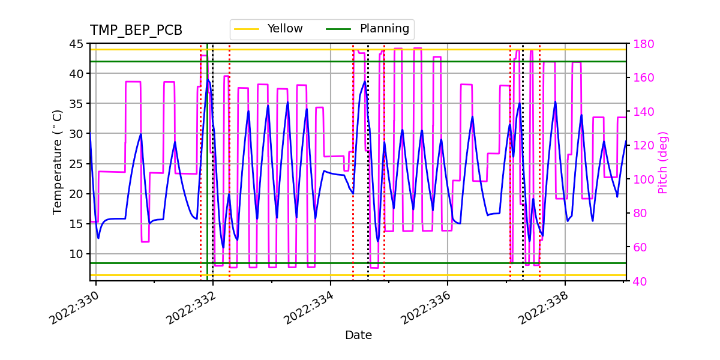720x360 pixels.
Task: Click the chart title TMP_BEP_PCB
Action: click(136, 31)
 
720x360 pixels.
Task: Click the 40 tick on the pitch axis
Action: click(638, 281)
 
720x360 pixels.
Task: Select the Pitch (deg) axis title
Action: click(663, 162)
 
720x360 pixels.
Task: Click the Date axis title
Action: click(358, 335)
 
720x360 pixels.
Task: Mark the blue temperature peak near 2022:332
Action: click(208, 80)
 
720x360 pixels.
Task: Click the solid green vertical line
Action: click(208, 180)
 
